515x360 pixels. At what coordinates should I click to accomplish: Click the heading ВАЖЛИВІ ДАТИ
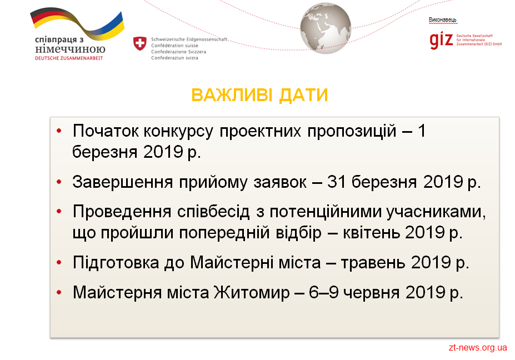259,95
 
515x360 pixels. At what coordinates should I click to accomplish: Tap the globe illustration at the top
326,28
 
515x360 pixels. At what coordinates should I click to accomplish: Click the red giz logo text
441,40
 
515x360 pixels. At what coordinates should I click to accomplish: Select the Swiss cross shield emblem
140,43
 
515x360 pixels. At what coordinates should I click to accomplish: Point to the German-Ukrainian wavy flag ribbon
78,23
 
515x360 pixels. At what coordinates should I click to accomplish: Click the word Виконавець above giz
442,19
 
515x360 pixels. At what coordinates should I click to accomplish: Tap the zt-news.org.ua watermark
478,348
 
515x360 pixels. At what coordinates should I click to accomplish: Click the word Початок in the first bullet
106,131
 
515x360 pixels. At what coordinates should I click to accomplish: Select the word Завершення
123,182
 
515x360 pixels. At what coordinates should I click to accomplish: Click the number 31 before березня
336,182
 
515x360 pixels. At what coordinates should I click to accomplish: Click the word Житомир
252,292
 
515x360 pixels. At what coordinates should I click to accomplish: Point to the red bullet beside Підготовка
59,262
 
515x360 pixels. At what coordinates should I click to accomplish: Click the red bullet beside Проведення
59,212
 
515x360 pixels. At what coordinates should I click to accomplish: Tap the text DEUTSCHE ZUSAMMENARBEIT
69,58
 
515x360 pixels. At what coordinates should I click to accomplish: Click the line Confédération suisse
174,46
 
